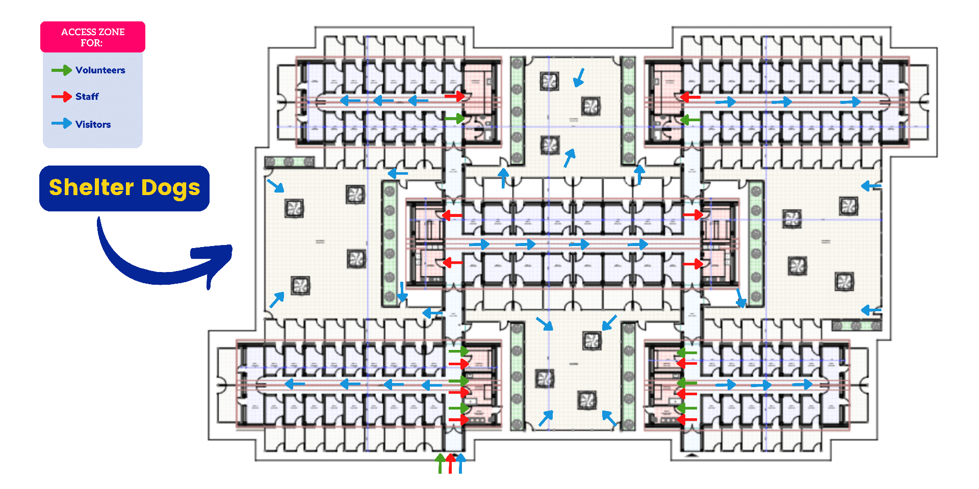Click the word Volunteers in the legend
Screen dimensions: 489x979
pos(100,70)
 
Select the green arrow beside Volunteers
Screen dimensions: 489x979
pos(62,70)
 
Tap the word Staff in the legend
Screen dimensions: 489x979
pos(87,97)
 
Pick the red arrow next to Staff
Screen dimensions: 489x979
pos(62,97)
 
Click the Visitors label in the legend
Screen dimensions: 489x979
pos(93,124)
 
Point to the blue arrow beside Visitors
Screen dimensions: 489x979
pos(62,123)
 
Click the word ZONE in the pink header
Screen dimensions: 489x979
pos(111,32)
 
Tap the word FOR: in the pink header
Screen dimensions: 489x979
pos(92,43)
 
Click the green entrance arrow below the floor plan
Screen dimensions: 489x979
pos(440,463)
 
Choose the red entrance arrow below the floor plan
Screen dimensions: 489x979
pos(450,463)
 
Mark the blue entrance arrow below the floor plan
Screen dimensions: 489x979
pos(460,463)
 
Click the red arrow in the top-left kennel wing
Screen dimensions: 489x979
pos(455,96)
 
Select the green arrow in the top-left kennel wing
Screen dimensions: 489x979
pos(455,119)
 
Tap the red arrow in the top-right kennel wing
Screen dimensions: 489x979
pos(690,97)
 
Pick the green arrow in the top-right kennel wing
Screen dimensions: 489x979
pos(690,120)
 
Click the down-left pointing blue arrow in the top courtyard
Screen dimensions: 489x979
pos(579,77)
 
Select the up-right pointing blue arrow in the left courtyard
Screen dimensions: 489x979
pos(277,300)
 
